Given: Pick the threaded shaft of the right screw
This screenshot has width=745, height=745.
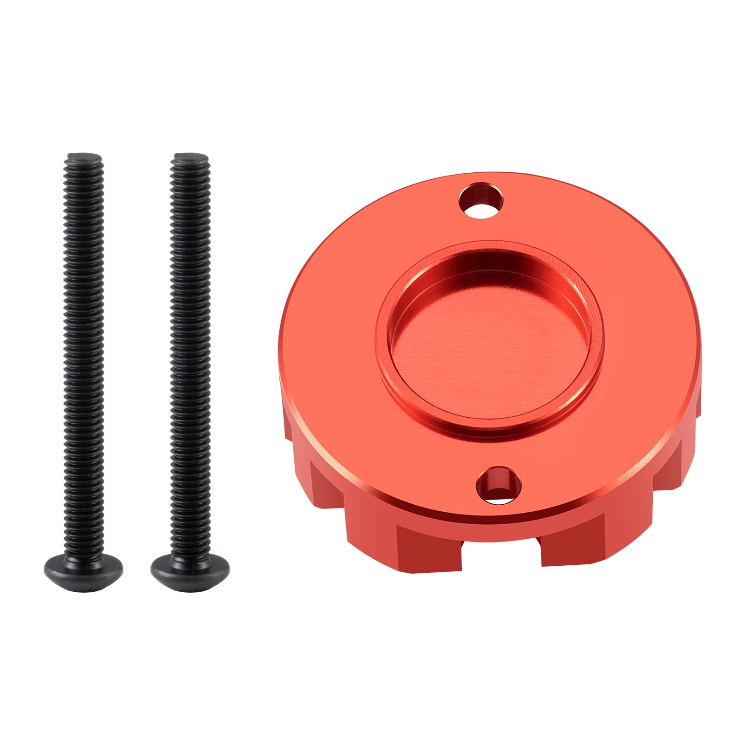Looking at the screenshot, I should (190, 349).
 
